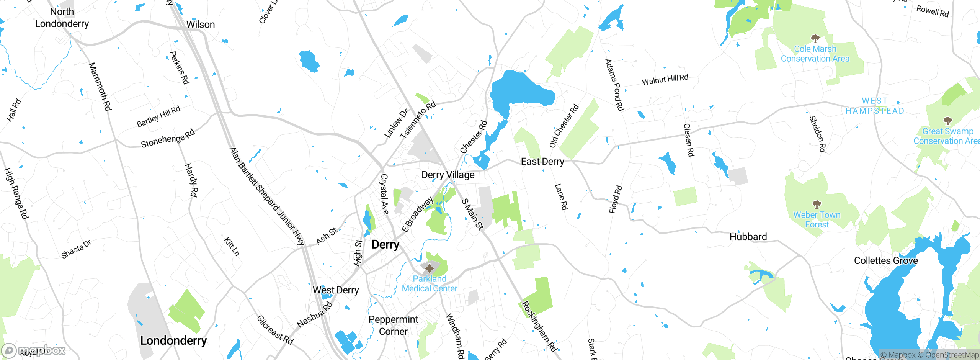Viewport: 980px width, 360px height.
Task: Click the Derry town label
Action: (x=385, y=244)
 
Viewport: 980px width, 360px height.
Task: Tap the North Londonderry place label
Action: (x=62, y=18)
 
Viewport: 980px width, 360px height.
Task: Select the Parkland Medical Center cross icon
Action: (x=430, y=268)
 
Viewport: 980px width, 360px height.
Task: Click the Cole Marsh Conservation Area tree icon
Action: (x=815, y=38)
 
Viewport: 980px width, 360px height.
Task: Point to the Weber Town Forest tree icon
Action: (x=817, y=204)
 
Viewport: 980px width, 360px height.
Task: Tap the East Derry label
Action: (x=542, y=162)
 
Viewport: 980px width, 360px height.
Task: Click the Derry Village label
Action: (x=448, y=175)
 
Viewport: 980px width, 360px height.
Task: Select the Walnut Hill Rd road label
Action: (x=665, y=80)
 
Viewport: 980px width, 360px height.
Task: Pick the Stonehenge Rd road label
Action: (x=168, y=139)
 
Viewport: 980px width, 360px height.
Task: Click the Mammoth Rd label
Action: (x=100, y=87)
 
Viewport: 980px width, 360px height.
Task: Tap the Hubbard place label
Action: (x=748, y=237)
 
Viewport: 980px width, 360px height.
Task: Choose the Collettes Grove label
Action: (x=886, y=261)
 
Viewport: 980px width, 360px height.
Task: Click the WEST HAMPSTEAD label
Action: (x=875, y=106)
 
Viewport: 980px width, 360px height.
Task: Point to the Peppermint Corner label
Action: (x=393, y=326)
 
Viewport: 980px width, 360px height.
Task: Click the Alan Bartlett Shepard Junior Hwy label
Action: (x=266, y=196)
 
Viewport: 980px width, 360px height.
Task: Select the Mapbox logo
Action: (x=34, y=350)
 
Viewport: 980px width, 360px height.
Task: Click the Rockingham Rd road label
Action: (x=539, y=326)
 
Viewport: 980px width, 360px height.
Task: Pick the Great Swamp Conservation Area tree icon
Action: (x=947, y=121)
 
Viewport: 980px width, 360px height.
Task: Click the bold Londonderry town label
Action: (x=173, y=340)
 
